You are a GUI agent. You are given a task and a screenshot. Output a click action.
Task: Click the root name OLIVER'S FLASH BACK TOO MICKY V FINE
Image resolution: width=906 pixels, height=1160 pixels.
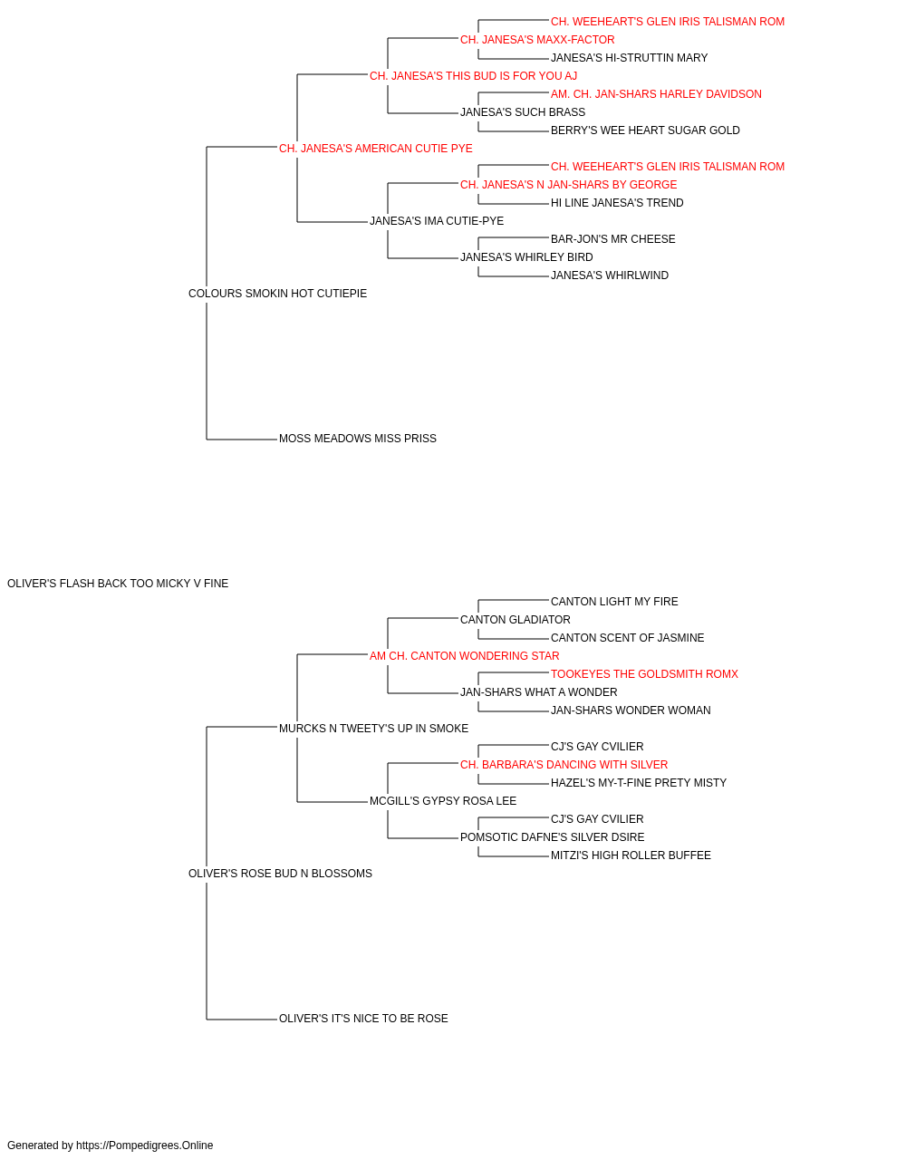(x=118, y=584)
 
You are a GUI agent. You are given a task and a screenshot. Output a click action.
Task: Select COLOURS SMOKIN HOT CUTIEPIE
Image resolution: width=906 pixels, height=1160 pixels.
(x=277, y=294)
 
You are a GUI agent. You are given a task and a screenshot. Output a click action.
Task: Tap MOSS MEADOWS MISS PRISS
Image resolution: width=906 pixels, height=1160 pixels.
(x=358, y=439)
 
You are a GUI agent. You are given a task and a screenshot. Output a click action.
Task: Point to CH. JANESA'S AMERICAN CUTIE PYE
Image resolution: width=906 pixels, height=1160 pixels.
(x=376, y=149)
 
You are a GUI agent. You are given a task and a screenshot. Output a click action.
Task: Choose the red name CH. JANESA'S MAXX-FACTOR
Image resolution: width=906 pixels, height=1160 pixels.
(x=537, y=40)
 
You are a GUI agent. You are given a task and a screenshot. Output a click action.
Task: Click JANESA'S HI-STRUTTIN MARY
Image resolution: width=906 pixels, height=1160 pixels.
(x=629, y=58)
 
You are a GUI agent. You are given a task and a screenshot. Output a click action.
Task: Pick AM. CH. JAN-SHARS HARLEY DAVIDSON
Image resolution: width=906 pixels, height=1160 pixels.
(x=656, y=94)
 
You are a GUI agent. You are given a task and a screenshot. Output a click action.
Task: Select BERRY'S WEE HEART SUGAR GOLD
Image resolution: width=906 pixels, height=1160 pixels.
(x=645, y=130)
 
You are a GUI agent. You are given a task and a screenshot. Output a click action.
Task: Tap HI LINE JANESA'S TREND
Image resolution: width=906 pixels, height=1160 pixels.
(x=617, y=203)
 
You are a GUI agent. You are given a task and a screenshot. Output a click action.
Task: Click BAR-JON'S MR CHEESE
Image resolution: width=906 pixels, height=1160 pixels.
(x=613, y=239)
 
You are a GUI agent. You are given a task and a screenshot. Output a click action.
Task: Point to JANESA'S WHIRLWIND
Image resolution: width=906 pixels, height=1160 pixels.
(x=610, y=275)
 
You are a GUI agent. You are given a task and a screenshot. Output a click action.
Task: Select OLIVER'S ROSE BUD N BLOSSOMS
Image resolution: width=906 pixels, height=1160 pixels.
(x=280, y=874)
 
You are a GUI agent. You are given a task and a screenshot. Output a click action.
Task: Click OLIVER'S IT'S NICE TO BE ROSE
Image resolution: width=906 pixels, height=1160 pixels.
(x=363, y=1019)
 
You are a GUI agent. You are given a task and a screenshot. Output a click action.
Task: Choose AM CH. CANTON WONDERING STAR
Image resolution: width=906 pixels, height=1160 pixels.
(x=464, y=656)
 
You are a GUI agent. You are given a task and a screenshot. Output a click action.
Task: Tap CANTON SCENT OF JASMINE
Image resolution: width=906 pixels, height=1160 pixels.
(x=628, y=638)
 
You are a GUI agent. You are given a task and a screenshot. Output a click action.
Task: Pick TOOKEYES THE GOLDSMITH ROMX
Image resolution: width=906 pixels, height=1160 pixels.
(x=644, y=674)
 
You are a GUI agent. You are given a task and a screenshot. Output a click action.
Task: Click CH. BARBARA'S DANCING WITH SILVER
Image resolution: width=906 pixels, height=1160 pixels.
(x=564, y=765)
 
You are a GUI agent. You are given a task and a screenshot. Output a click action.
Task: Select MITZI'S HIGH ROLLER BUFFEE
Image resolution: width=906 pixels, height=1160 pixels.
(x=631, y=855)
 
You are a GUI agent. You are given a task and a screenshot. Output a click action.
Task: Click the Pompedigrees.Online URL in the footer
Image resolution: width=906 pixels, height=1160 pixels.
(x=145, y=1145)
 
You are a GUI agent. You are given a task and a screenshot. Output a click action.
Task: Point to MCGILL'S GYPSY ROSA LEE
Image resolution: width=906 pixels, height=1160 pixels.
(x=443, y=801)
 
